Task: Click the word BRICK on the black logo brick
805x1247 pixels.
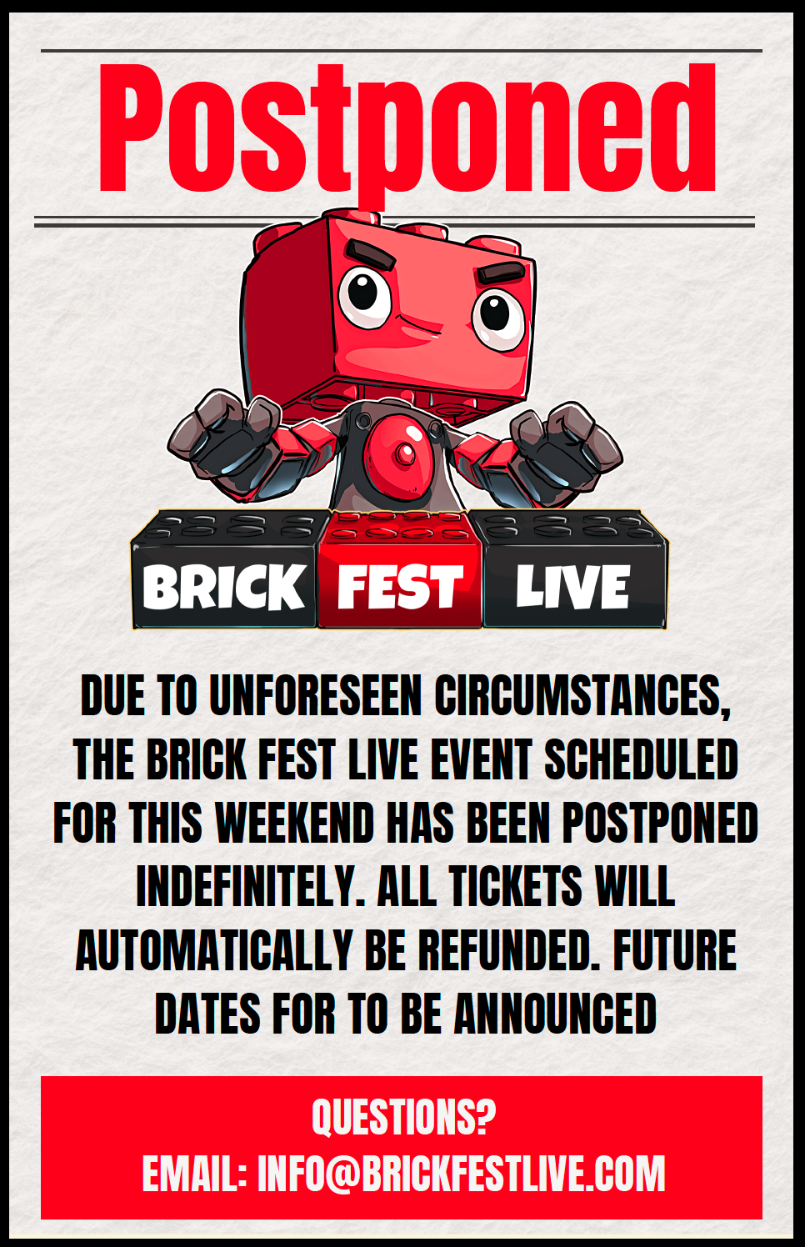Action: click(x=224, y=587)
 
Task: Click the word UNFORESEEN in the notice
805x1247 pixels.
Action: click(x=316, y=696)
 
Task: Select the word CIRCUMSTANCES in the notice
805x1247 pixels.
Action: click(x=582, y=697)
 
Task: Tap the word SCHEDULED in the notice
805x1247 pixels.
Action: click(x=642, y=759)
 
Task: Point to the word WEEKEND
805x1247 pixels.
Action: click(x=294, y=823)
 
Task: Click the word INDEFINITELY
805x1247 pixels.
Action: click(x=250, y=886)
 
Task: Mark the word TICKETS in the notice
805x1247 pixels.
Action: click(x=516, y=886)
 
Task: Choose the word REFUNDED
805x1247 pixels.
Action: click(x=509, y=949)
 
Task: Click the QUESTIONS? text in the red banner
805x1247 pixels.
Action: click(x=403, y=1115)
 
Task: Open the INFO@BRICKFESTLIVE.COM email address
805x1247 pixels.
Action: click(x=462, y=1173)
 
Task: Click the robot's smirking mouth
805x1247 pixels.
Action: click(x=420, y=326)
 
